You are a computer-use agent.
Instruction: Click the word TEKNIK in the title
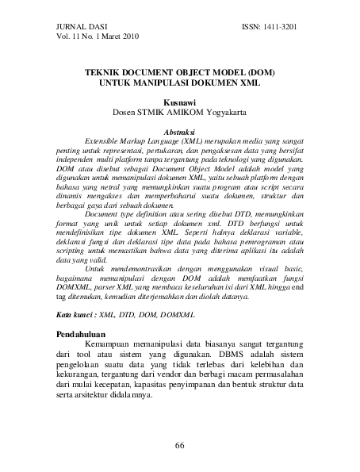click(x=105, y=71)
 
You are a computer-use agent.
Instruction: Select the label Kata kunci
click(x=77, y=315)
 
